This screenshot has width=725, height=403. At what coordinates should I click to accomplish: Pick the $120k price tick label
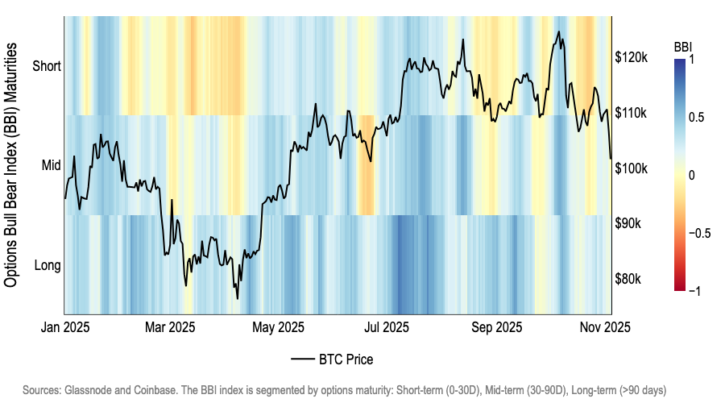[x=632, y=58]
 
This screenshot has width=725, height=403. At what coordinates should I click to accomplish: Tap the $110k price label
[x=632, y=113]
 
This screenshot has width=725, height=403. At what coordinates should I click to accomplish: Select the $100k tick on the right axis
[x=632, y=168]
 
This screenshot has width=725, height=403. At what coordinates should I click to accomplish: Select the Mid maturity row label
[x=51, y=164]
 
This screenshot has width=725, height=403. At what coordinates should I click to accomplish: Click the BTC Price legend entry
[x=332, y=359]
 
